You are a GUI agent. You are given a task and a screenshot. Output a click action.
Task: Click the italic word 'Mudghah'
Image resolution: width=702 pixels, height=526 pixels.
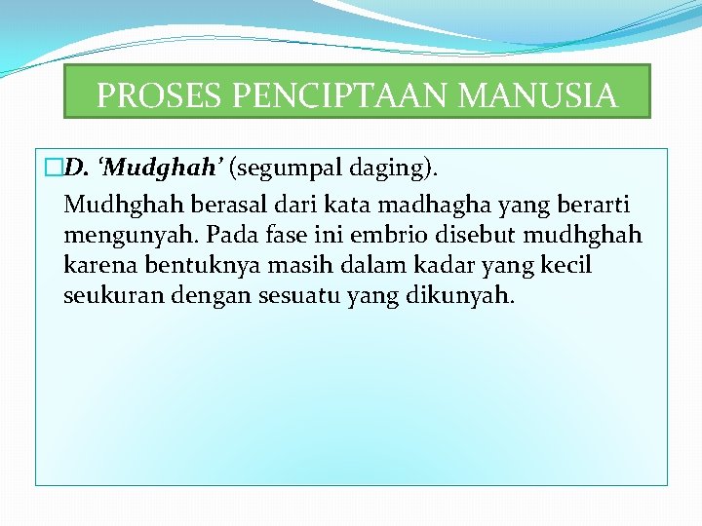162,169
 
